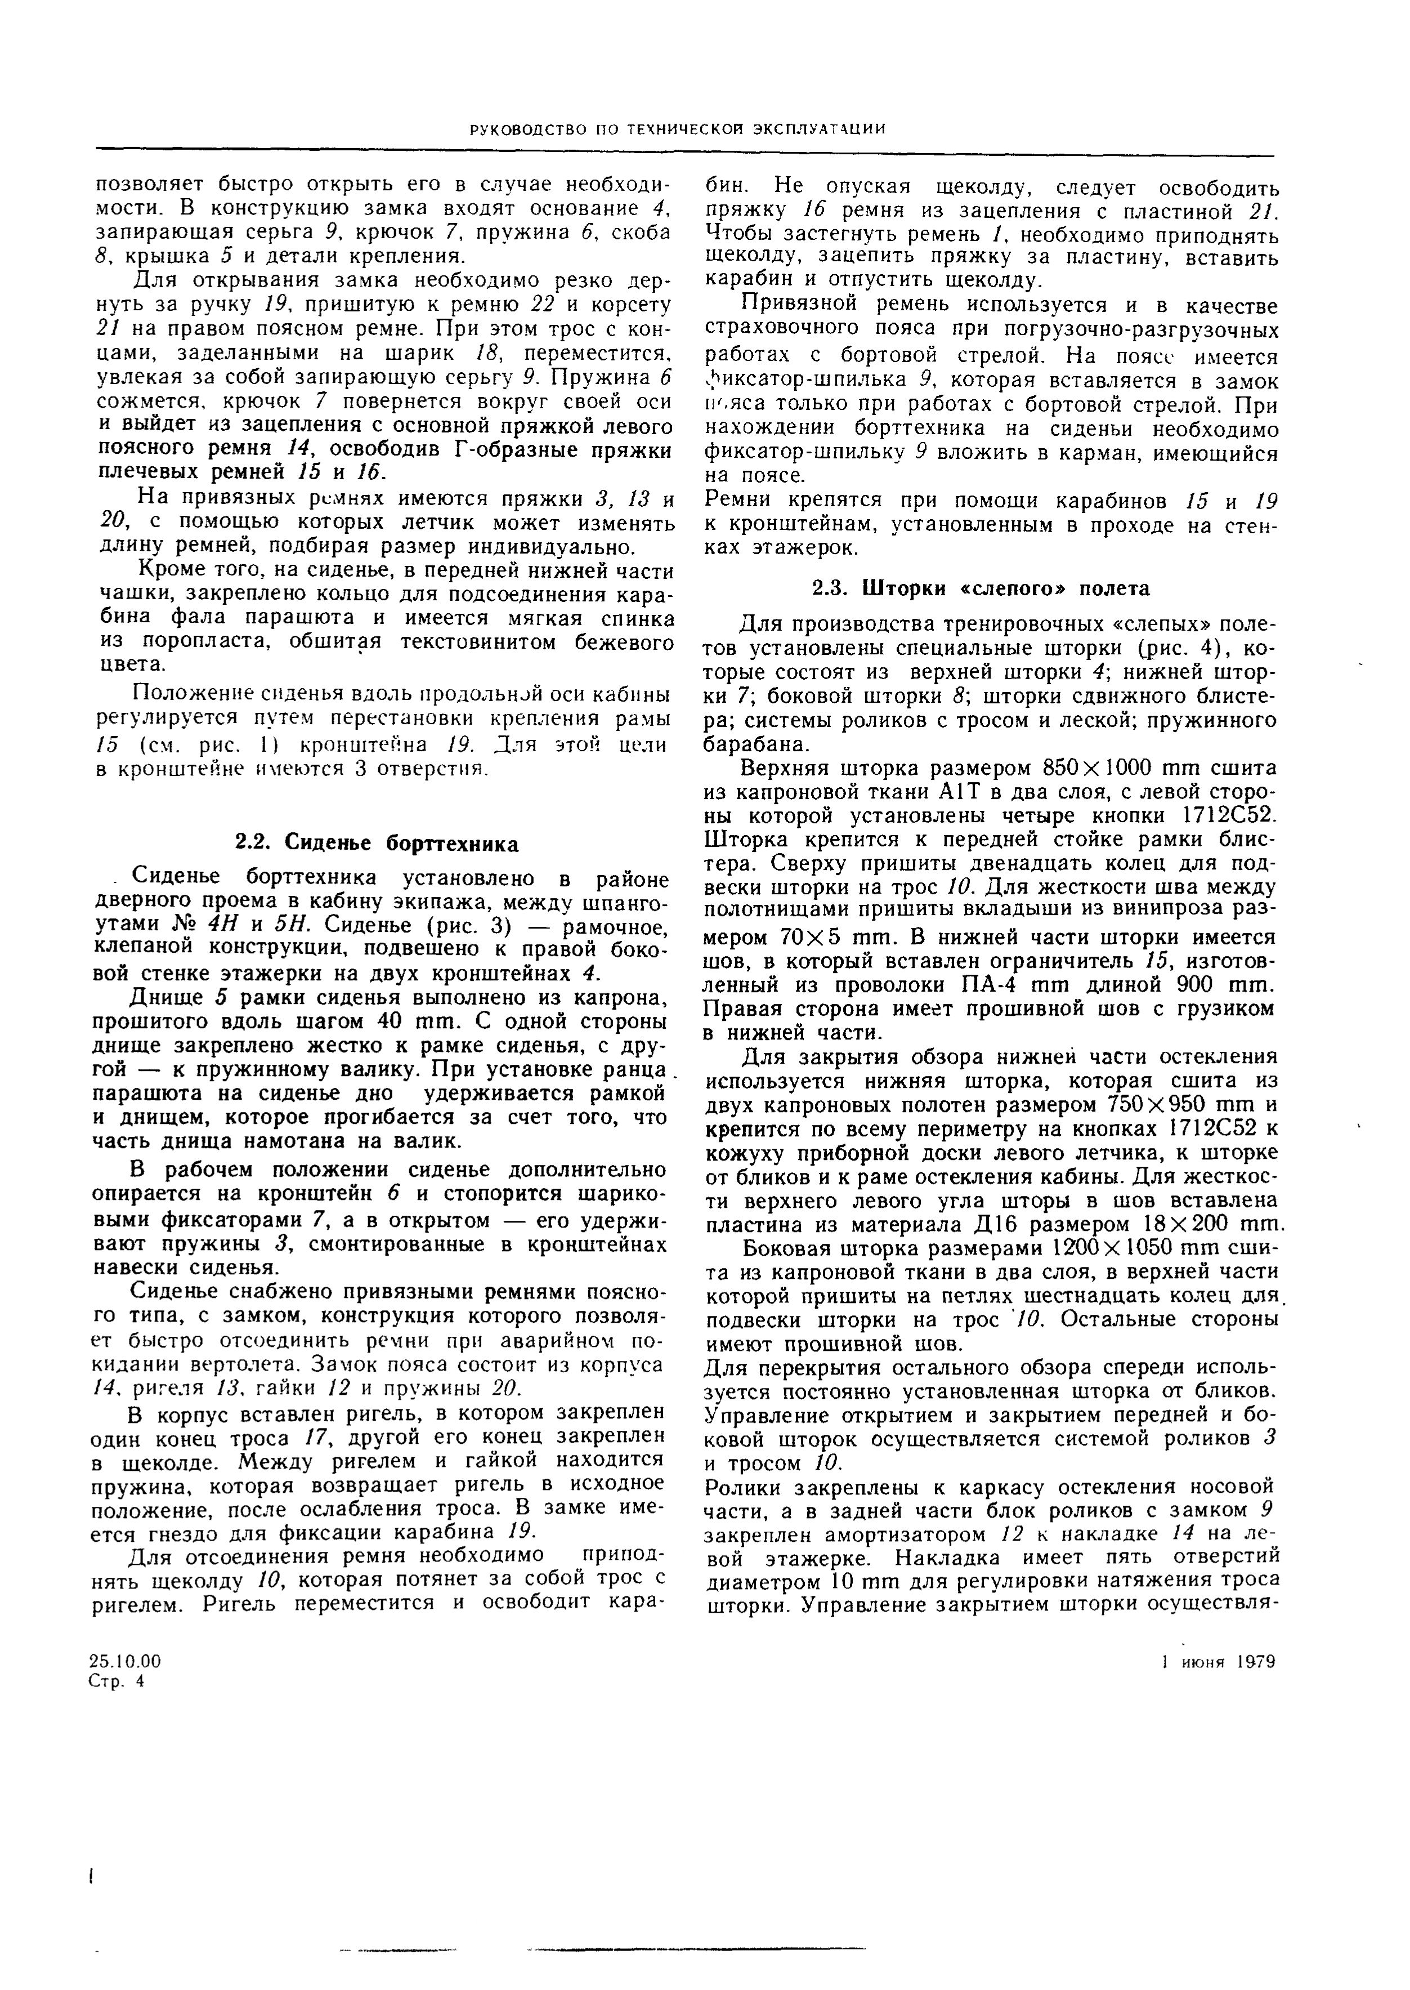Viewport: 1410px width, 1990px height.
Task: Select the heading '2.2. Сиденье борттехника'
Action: tap(378, 844)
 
